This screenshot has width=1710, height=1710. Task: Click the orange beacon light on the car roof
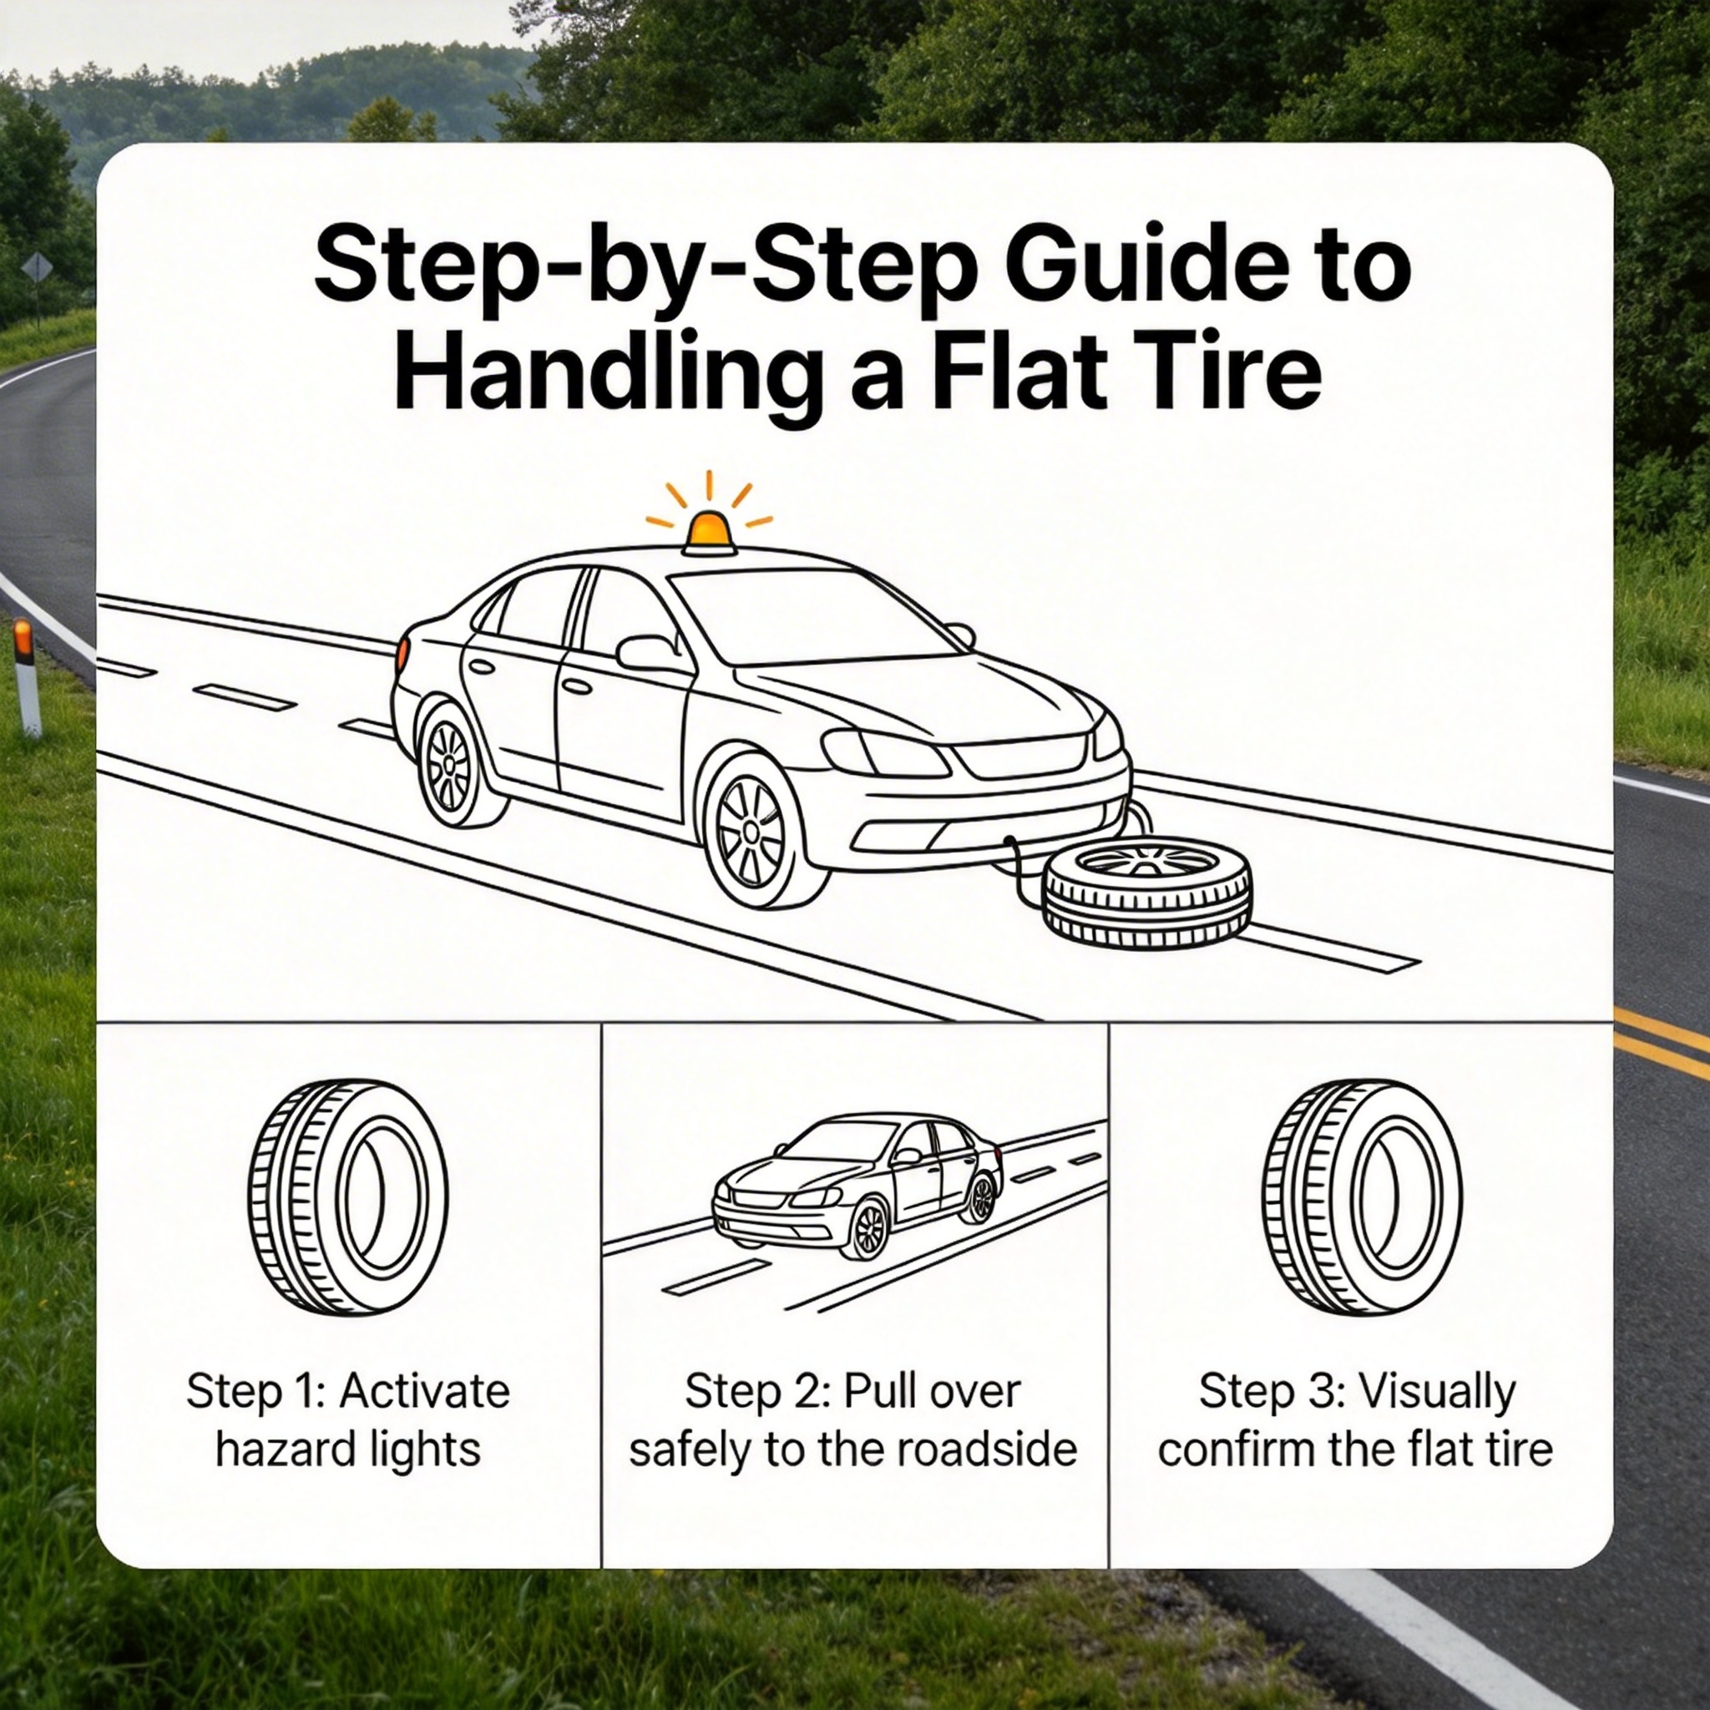(708, 534)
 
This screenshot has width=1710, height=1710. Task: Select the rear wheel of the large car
(453, 764)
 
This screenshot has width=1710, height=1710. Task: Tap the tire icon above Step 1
(348, 1196)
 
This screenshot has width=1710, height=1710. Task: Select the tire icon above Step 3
(1361, 1196)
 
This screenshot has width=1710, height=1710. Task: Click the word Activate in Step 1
(425, 1392)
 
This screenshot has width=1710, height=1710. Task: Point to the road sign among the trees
(38, 267)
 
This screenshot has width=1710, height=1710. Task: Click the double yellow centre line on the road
(1662, 1043)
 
